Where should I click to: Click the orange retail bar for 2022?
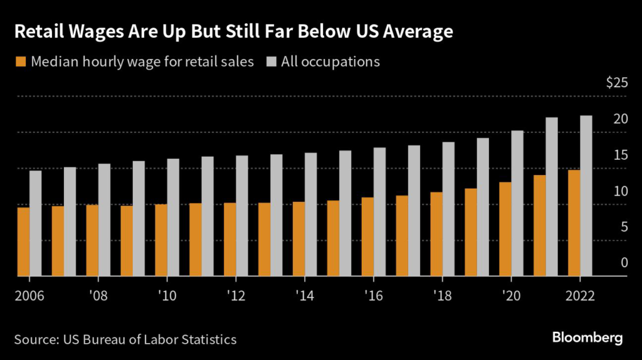pos(574,223)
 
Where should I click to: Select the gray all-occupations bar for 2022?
pos(586,196)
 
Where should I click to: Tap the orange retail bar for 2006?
pos(23,241)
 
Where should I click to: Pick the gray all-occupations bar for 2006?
pos(36,223)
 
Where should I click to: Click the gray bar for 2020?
pos(517,203)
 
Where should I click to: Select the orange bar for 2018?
pos(436,234)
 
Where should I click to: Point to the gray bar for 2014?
pos(311,214)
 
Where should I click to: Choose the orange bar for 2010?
pos(161,240)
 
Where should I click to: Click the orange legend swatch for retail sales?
pos(20,61)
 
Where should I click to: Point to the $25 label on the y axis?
pos(616,83)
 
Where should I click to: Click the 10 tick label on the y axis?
pos(620,191)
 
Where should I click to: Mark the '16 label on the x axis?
pos(373,295)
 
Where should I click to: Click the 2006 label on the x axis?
pos(29,295)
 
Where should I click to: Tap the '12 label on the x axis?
pos(235,295)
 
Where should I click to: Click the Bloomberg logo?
pos(587,337)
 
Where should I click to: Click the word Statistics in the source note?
pos(207,339)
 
